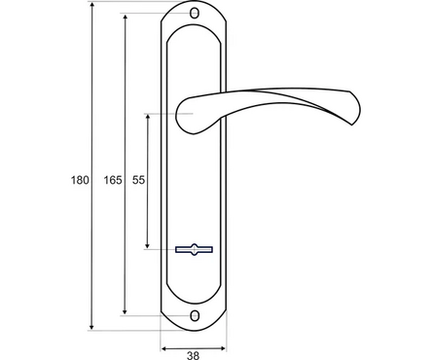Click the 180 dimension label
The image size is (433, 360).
point(80,180)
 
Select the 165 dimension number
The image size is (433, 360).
point(113,180)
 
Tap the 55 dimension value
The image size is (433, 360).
point(138,180)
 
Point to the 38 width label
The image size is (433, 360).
point(193,355)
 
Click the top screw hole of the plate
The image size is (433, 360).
point(195,14)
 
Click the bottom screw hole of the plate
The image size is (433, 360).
point(195,316)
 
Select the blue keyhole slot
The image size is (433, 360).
point(194,249)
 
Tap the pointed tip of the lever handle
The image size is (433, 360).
point(352,125)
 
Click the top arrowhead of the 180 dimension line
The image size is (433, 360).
point(91,5)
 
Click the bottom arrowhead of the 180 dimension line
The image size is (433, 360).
point(91,327)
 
